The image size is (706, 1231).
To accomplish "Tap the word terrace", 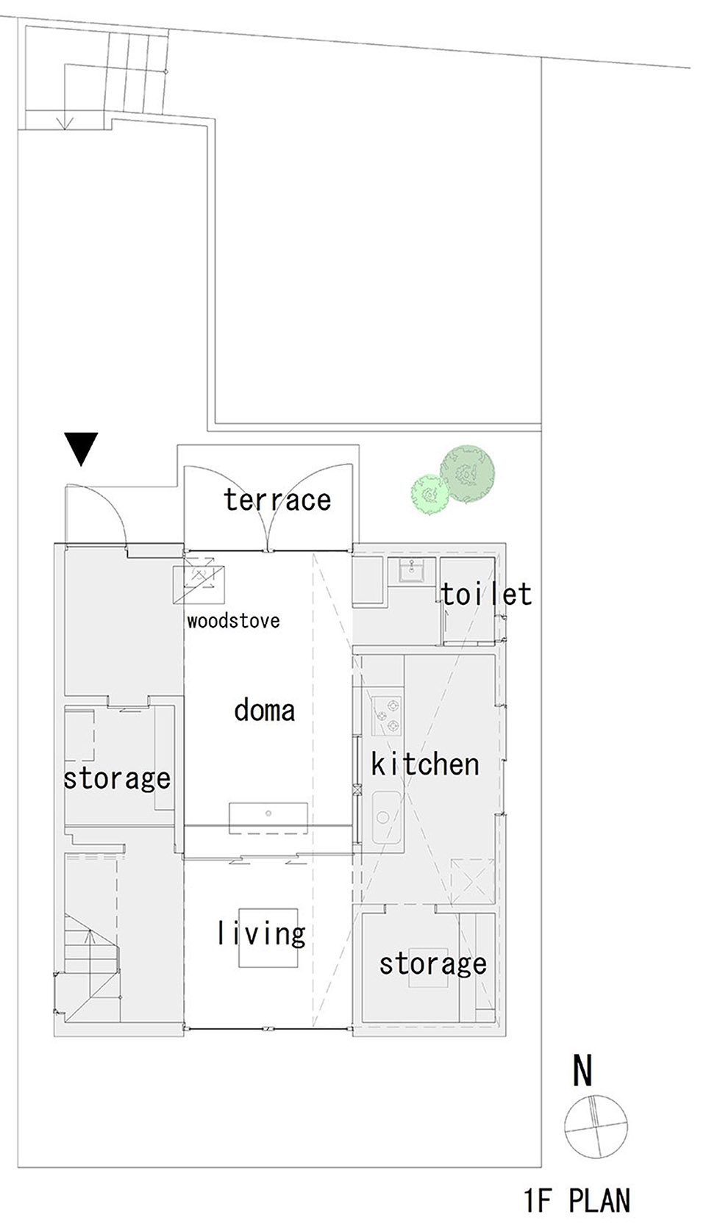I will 277,500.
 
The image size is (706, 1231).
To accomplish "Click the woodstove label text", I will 233,621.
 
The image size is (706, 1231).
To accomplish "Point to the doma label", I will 265,710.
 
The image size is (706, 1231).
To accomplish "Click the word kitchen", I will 425,764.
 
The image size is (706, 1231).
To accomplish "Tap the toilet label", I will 487,594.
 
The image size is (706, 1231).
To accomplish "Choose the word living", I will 261,934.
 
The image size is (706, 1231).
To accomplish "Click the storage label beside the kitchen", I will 432,963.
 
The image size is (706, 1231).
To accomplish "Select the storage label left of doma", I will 117,778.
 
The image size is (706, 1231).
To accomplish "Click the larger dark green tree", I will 468,474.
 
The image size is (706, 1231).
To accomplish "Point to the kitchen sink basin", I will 385,816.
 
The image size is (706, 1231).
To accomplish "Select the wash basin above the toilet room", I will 410,570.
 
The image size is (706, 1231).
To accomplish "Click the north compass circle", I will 596,1126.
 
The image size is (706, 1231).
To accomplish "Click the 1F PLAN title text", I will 577,1201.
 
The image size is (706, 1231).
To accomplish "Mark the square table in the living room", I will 262,938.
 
